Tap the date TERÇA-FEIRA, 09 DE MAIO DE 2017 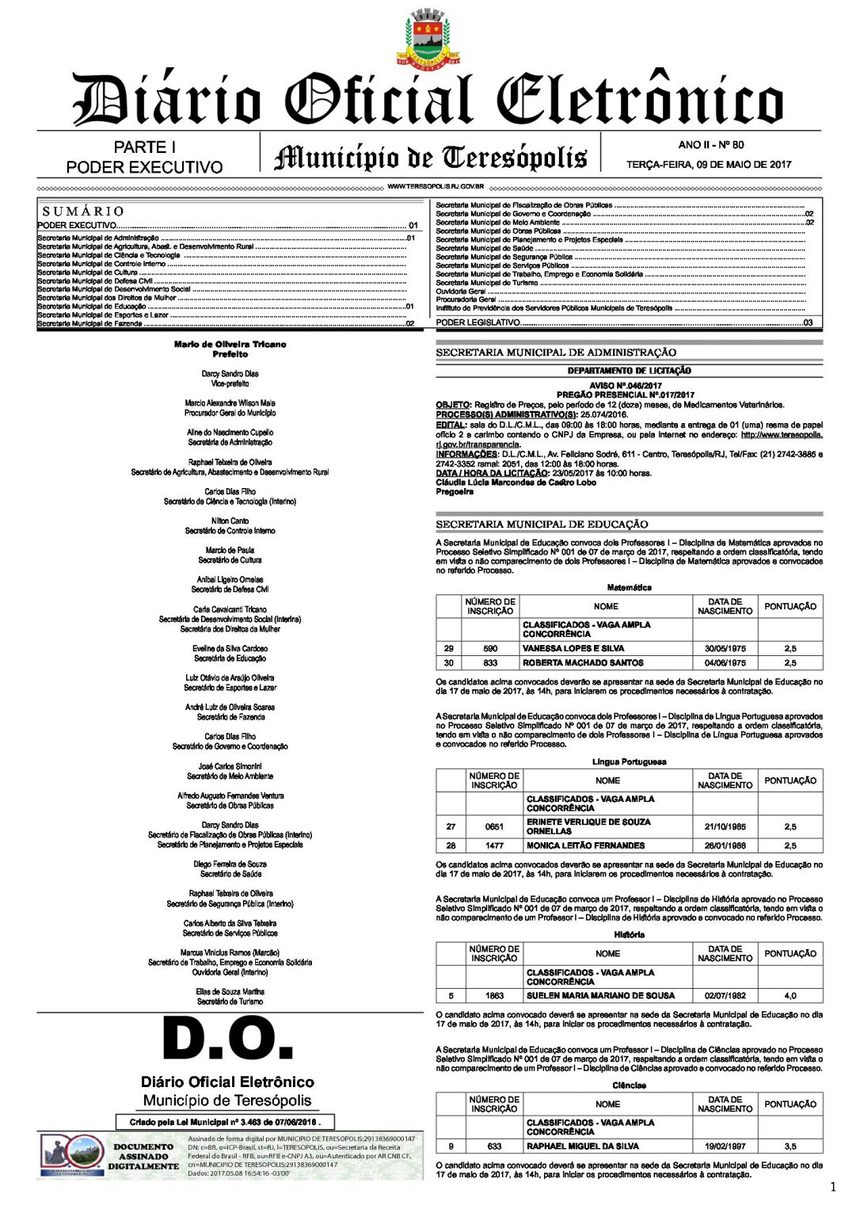click(x=709, y=165)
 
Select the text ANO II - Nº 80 click(x=710, y=145)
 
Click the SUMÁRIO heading click(x=83, y=212)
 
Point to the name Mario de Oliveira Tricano click(x=230, y=345)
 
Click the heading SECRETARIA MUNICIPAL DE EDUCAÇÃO click(x=542, y=525)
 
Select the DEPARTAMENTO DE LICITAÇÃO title click(x=629, y=371)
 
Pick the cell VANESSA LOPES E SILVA click(x=573, y=648)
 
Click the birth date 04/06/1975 click(x=725, y=663)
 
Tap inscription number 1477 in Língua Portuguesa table click(x=494, y=845)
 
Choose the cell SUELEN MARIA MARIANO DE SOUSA click(x=600, y=996)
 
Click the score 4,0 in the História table click(x=790, y=996)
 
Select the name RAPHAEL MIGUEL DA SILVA click(x=583, y=1146)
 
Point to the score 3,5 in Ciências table click(x=790, y=1146)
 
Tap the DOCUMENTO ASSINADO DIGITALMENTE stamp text click(x=143, y=1156)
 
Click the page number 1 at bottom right click(x=832, y=1186)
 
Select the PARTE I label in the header click(x=144, y=147)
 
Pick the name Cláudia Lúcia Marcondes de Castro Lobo click(x=516, y=483)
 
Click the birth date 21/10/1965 click(x=725, y=826)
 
